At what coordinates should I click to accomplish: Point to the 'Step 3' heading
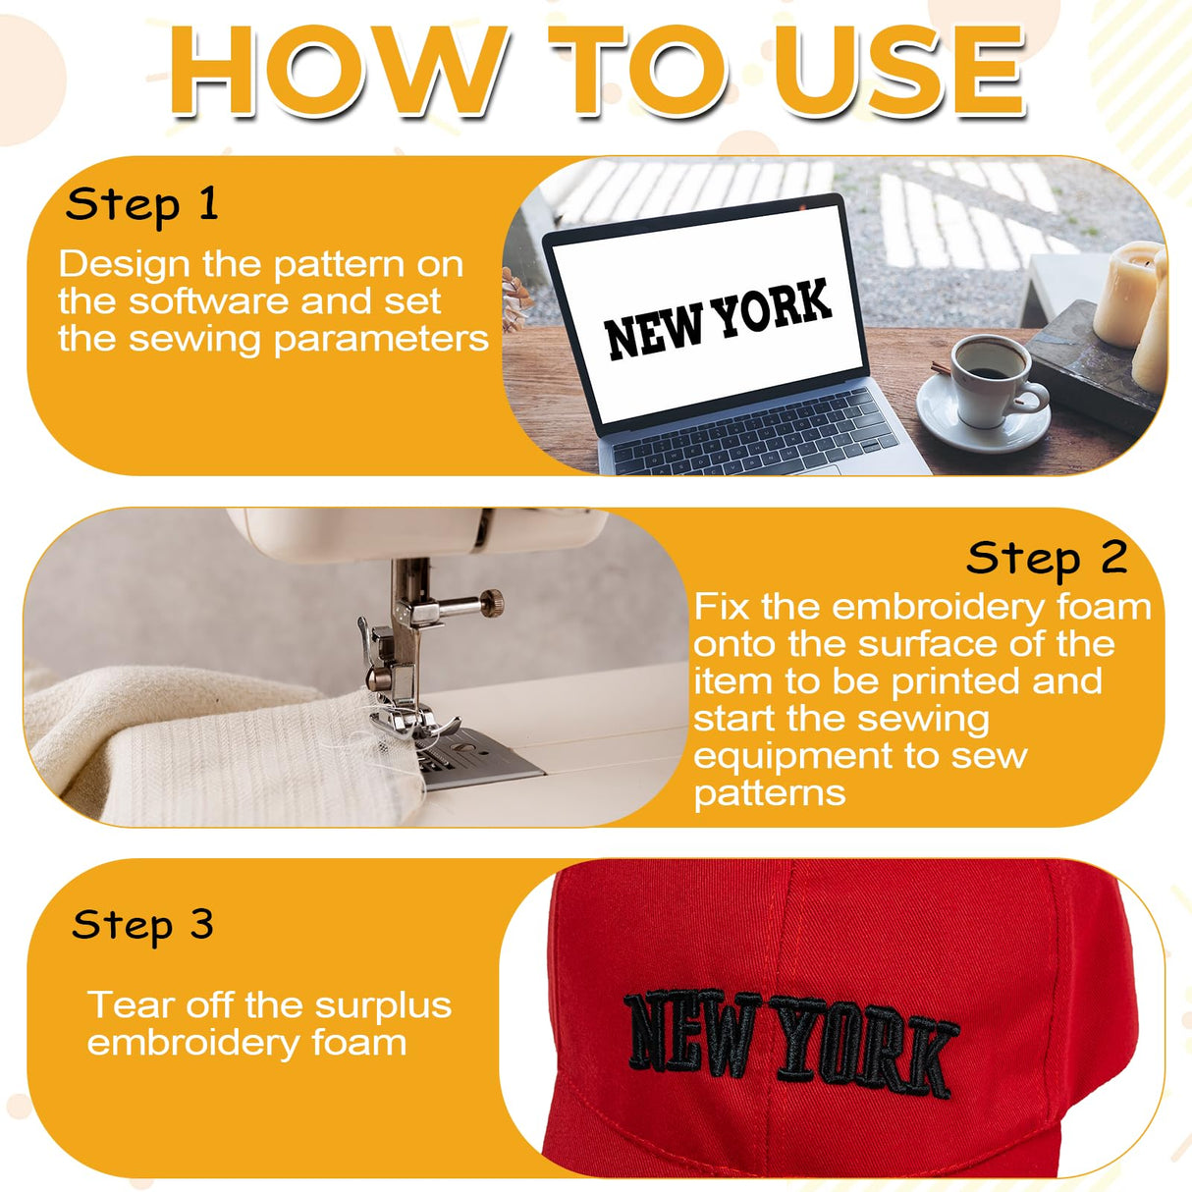[143, 924]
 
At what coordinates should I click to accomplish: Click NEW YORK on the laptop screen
[718, 320]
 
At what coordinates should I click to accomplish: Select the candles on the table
[1131, 309]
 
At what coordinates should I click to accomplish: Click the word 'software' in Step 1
[208, 301]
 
